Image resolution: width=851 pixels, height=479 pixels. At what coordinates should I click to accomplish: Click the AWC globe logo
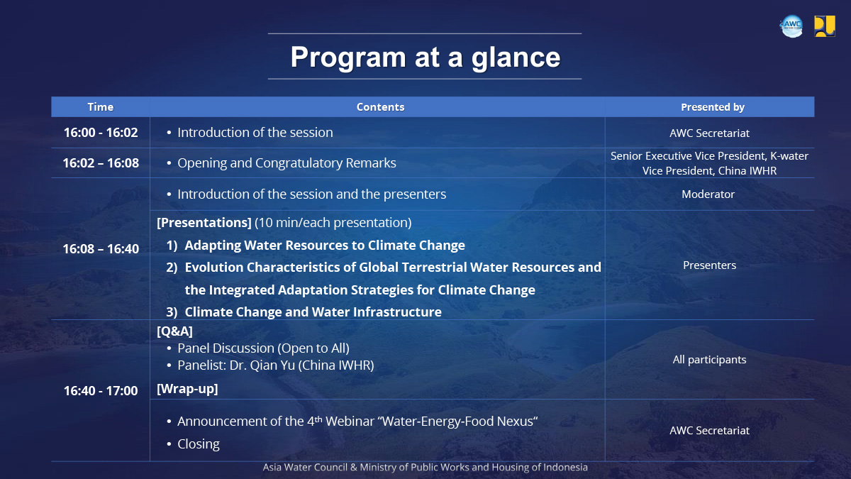pos(791,26)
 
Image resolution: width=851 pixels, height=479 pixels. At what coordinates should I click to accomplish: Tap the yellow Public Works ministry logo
pos(824,26)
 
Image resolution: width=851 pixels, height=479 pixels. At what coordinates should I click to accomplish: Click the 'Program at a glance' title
pos(425,57)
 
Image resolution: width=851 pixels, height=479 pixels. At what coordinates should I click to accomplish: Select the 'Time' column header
pos(100,107)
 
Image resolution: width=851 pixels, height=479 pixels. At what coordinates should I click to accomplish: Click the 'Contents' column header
pos(380,107)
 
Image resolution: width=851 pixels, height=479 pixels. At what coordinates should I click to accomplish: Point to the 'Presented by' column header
pos(712,107)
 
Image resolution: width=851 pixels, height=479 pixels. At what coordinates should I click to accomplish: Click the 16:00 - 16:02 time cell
pos(101,132)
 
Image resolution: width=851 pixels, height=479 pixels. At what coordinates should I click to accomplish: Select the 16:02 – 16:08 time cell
pos(101,163)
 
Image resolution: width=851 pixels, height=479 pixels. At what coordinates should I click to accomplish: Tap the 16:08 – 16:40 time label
pos(101,249)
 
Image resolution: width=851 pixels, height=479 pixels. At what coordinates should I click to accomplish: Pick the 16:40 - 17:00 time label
pos(101,391)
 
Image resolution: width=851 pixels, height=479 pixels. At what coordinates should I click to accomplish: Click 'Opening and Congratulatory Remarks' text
pos(287,163)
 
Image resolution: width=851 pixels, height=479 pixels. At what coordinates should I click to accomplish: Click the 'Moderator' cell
pos(708,194)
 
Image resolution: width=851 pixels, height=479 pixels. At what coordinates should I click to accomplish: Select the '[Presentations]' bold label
pos(204,223)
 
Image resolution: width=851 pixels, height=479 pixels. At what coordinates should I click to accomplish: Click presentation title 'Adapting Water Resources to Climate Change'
pos(325,246)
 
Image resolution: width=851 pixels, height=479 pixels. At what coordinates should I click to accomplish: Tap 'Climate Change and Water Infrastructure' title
pos(313,312)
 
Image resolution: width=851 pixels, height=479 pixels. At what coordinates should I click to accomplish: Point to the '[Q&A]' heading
pos(174,331)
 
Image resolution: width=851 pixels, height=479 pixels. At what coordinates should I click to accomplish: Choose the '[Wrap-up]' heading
pos(187,389)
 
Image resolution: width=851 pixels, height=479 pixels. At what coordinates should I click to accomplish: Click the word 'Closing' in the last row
pos(199,444)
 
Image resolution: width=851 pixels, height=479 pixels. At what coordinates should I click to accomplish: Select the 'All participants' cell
pos(709,360)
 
